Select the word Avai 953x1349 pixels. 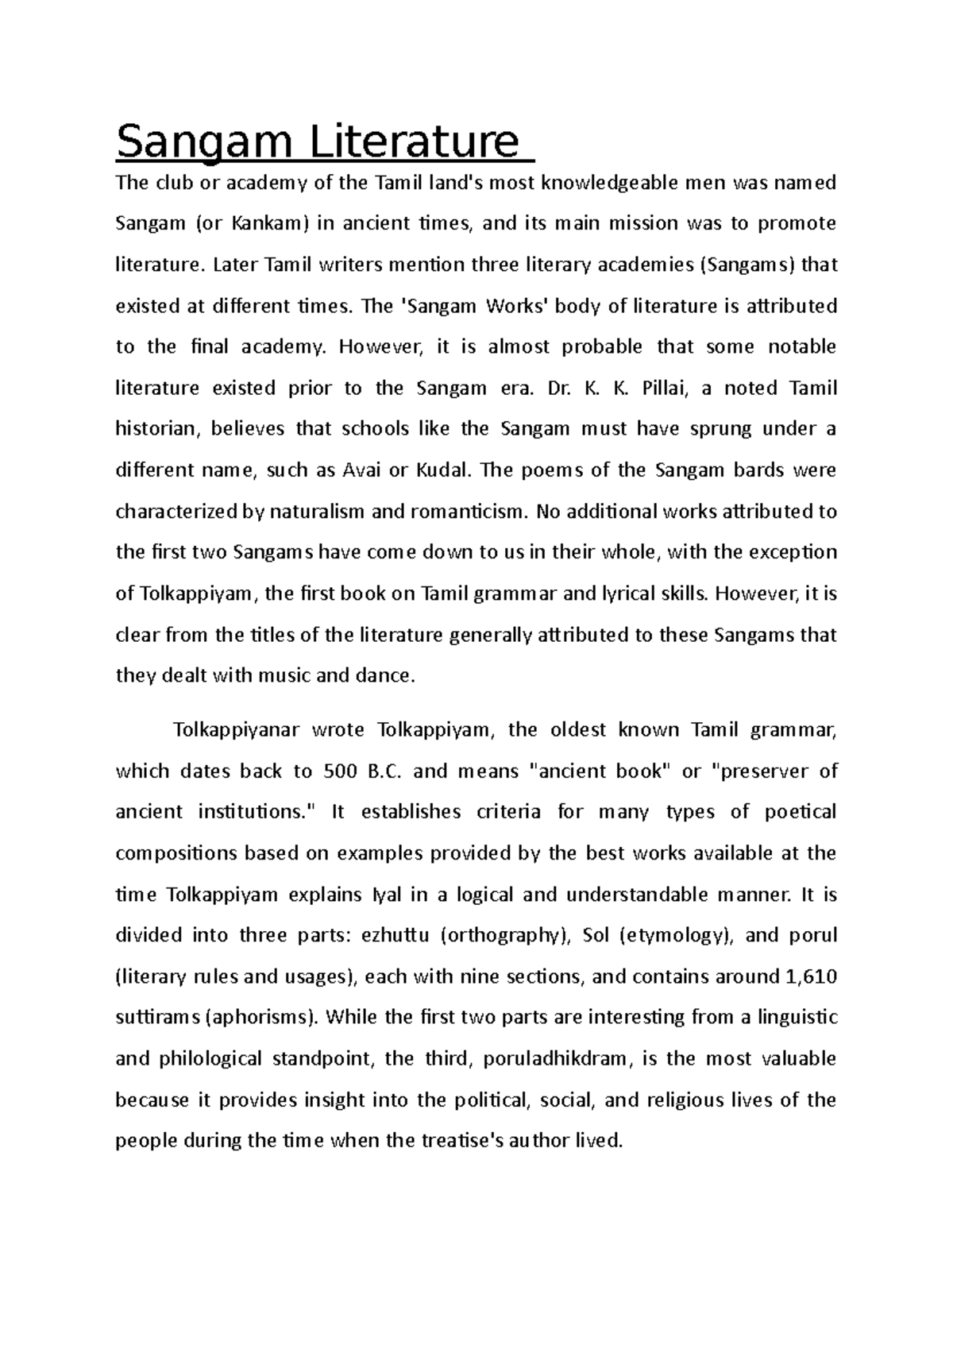point(359,470)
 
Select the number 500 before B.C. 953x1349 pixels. point(340,771)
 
